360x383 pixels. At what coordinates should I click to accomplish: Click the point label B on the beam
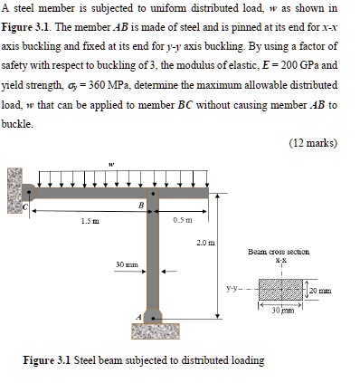tap(139, 206)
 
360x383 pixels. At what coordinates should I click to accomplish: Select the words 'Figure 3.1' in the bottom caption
tap(48, 360)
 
